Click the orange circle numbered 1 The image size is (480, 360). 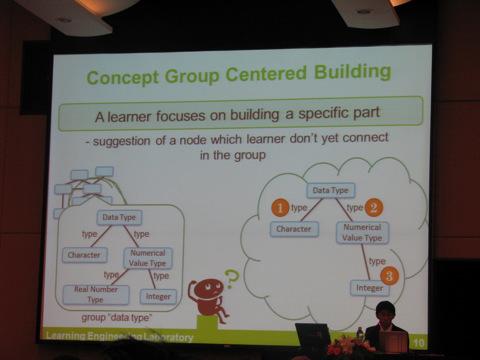pyautogui.click(x=280, y=208)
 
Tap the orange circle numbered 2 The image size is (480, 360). pyautogui.click(x=374, y=208)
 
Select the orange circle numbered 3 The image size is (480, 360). pyautogui.click(x=390, y=276)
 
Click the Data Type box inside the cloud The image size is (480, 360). pyautogui.click(x=330, y=190)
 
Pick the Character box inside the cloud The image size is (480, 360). pyautogui.click(x=294, y=229)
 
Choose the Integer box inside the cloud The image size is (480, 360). pyautogui.click(x=369, y=288)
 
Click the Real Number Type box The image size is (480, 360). pyautogui.click(x=96, y=294)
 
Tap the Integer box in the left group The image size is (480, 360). pyautogui.click(x=158, y=296)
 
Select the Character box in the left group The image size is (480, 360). pyautogui.click(x=84, y=255)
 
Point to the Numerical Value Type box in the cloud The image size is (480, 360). pyautogui.click(x=362, y=232)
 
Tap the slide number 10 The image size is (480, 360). pyautogui.click(x=419, y=343)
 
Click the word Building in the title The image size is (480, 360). pyautogui.click(x=352, y=73)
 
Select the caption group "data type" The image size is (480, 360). pyautogui.click(x=116, y=318)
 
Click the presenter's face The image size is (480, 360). pyautogui.click(x=385, y=316)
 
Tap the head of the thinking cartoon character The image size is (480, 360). pyautogui.click(x=209, y=288)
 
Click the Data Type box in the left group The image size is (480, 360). pyautogui.click(x=119, y=217)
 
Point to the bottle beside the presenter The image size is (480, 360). pyautogui.click(x=360, y=333)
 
